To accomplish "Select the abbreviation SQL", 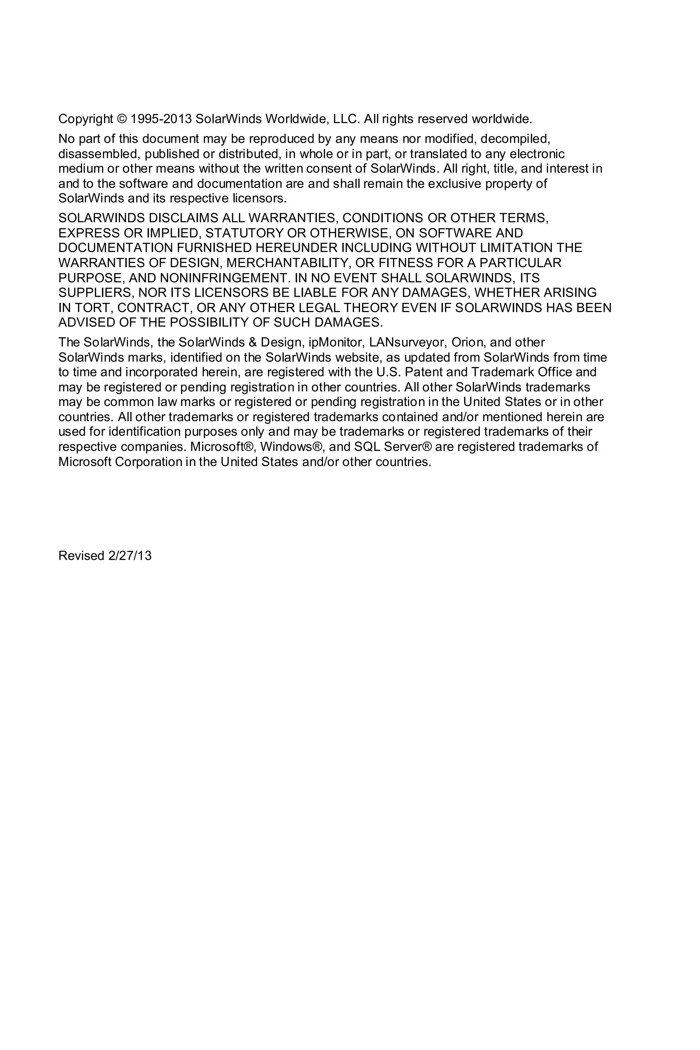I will point(365,447).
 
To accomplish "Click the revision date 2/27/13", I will point(130,556).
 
